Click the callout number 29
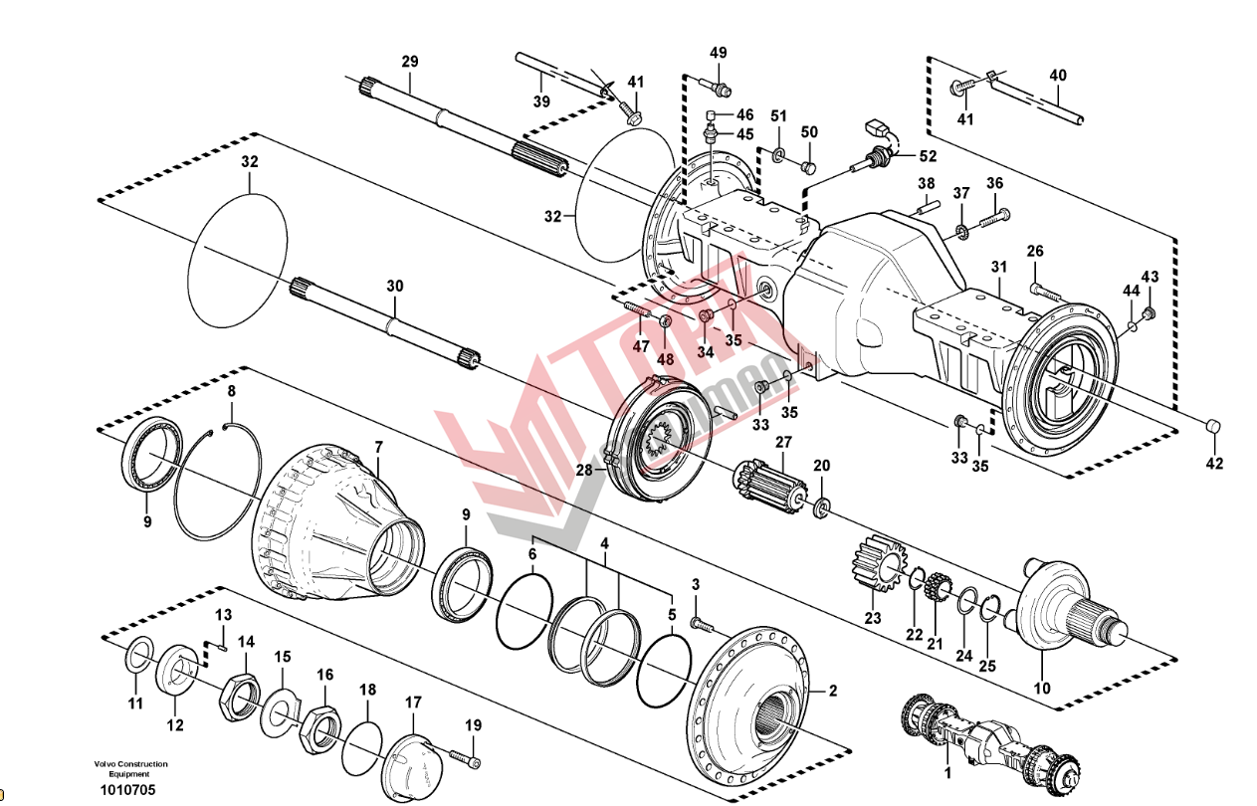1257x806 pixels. [x=410, y=62]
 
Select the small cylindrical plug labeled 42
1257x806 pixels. [x=1213, y=427]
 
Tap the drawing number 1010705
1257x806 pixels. [x=127, y=791]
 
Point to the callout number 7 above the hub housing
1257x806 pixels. [x=378, y=447]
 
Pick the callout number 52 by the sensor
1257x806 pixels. [x=927, y=155]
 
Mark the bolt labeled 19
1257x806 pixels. [x=464, y=754]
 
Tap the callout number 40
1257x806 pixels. [x=1058, y=75]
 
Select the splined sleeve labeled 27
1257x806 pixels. [x=772, y=488]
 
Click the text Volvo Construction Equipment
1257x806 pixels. [x=130, y=769]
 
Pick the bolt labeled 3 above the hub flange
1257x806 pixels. [x=702, y=624]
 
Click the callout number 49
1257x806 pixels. [x=719, y=53]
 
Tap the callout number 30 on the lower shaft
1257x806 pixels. [x=395, y=286]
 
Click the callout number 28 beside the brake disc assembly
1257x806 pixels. [x=584, y=471]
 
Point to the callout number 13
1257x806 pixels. [x=223, y=615]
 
